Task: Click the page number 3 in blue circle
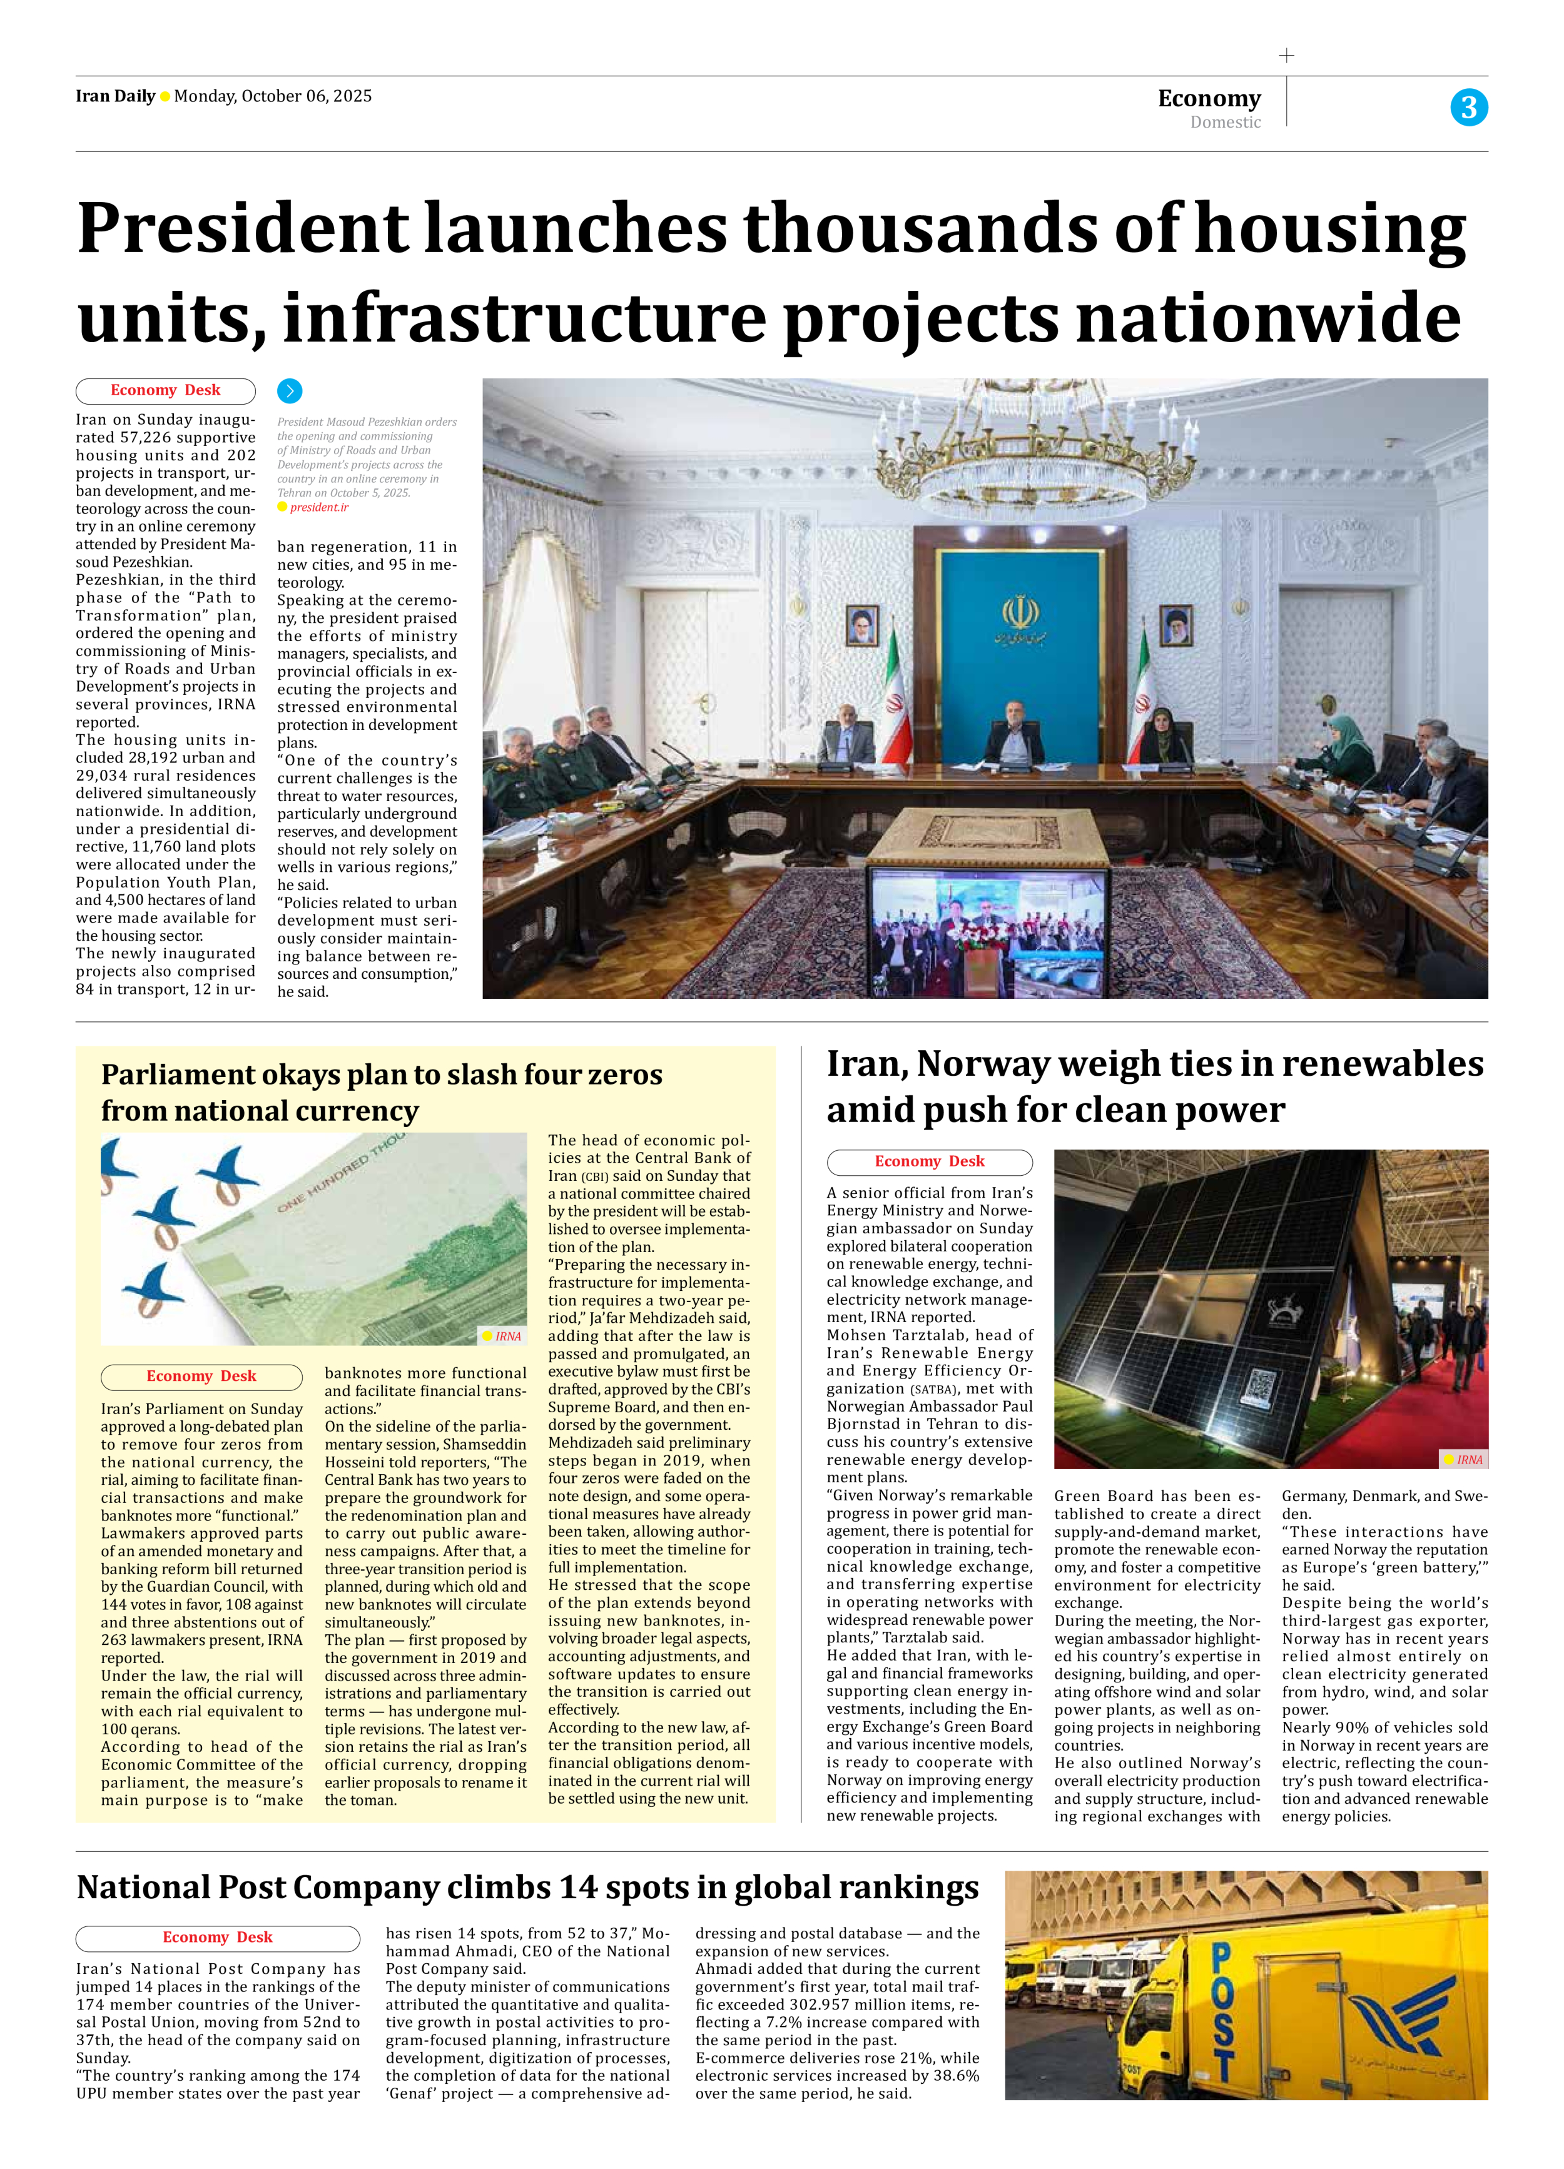(1468, 107)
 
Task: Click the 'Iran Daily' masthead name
(114, 96)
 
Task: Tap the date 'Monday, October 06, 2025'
(273, 96)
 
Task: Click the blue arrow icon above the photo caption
(289, 390)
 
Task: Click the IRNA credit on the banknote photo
(507, 1336)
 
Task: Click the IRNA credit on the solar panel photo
(1468, 1459)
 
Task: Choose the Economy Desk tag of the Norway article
(929, 1161)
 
